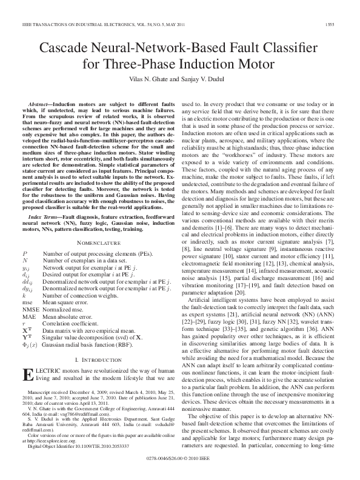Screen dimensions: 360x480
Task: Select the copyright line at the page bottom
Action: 180,468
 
